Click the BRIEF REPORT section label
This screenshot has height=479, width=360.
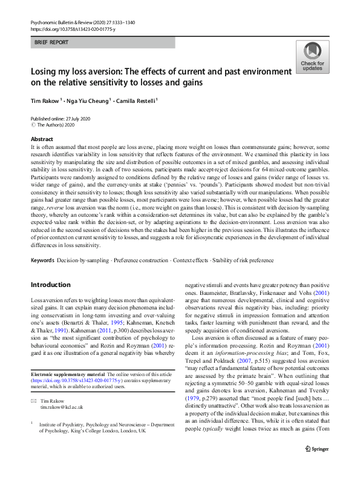(51, 43)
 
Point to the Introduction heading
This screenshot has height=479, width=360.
(50, 284)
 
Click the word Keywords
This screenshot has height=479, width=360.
(44, 260)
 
